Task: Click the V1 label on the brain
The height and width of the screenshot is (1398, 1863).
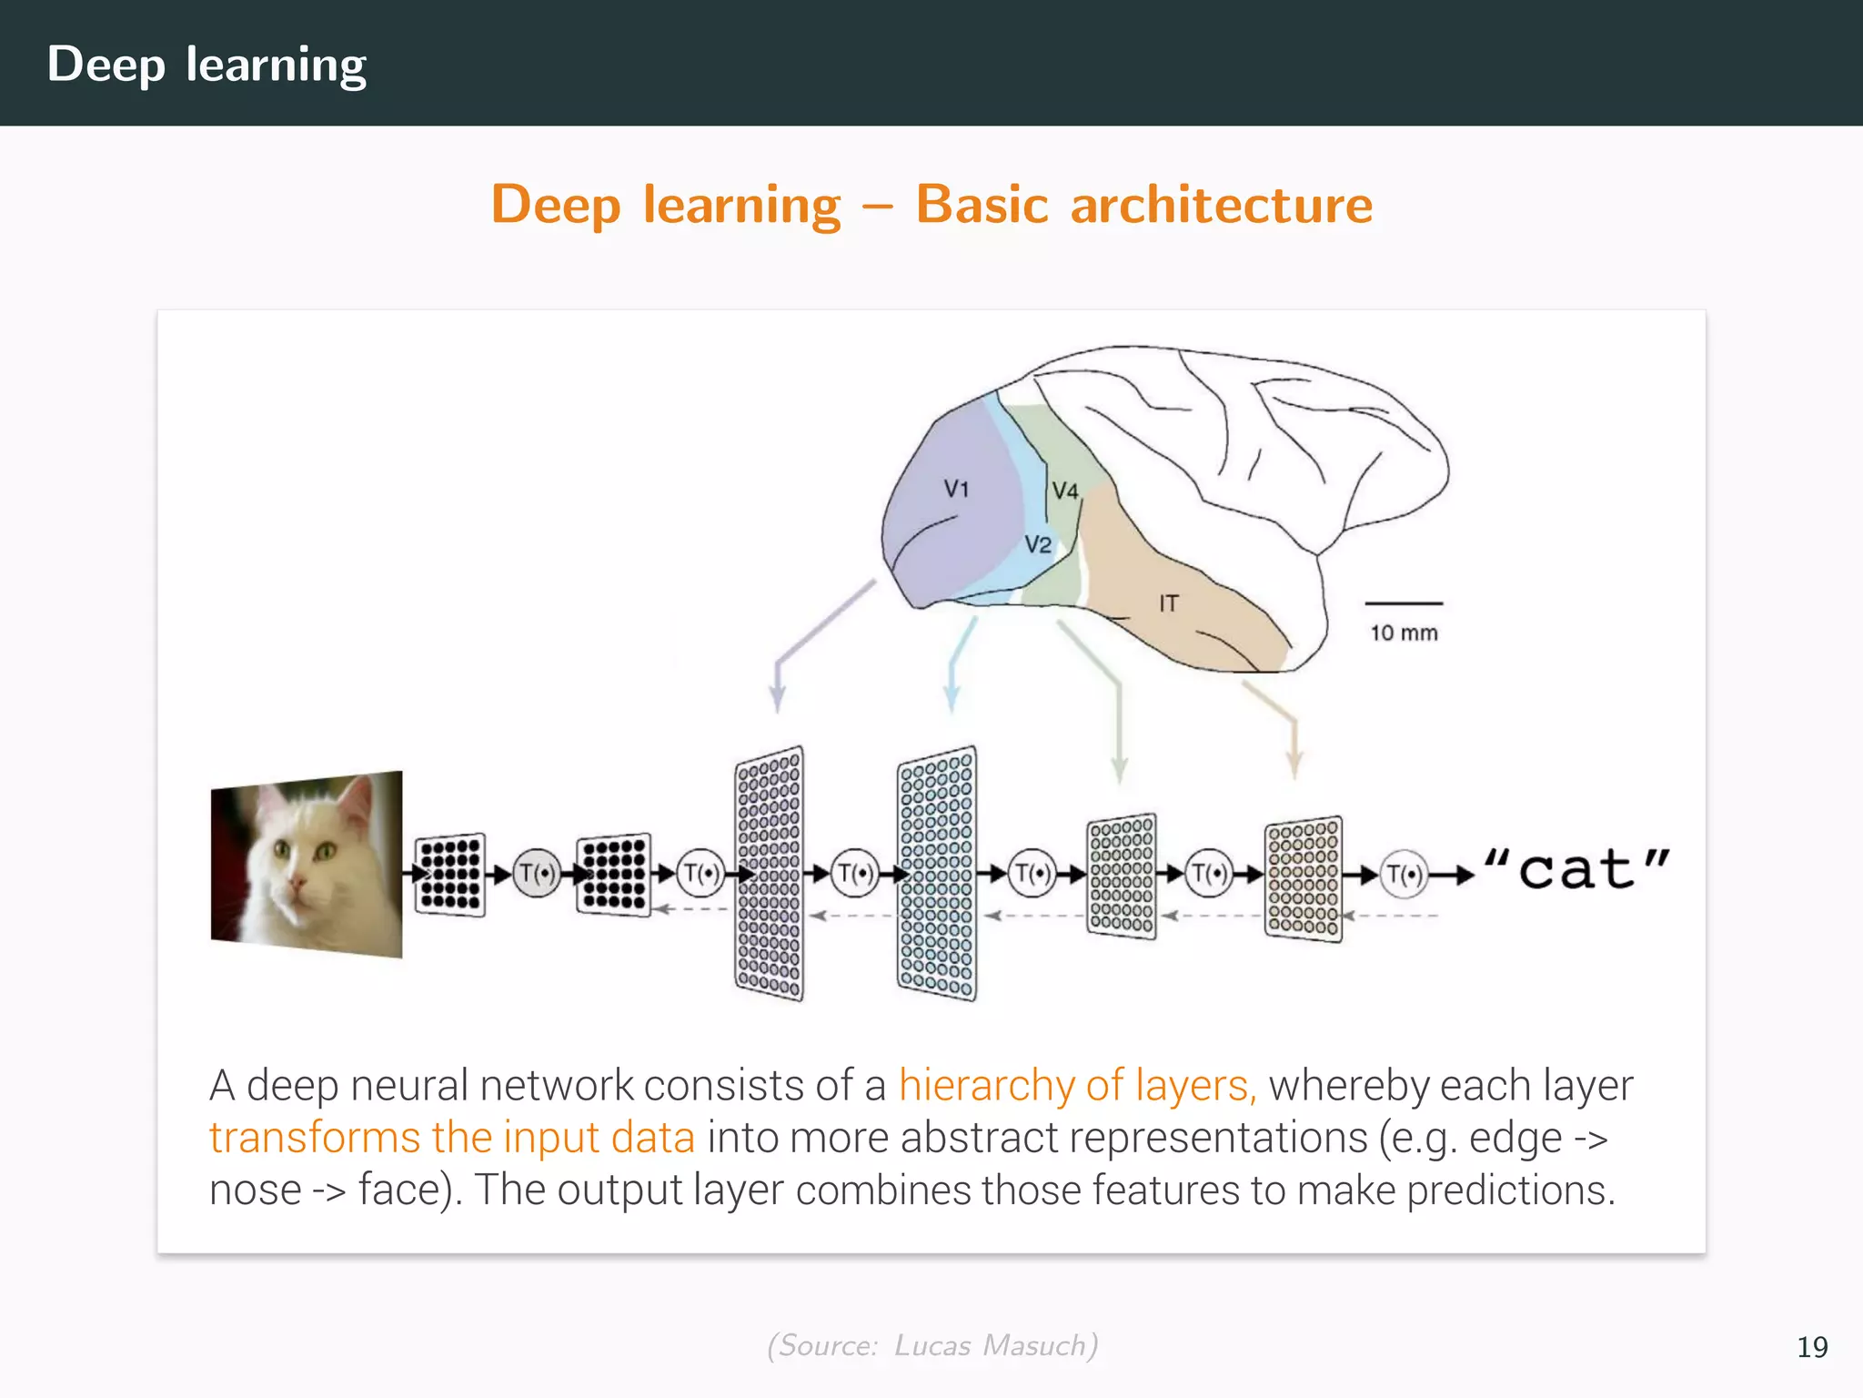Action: (956, 489)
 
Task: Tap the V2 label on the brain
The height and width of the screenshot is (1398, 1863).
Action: (1038, 544)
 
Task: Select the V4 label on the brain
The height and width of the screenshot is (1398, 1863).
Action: (1065, 491)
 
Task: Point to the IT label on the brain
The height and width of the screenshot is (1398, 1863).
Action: (1169, 603)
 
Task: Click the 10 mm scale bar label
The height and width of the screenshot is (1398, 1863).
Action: (1404, 633)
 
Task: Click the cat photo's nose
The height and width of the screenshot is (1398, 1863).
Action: (297, 883)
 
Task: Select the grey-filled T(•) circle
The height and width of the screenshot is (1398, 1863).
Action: (537, 874)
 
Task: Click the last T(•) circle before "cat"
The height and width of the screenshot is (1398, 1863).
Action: (1405, 875)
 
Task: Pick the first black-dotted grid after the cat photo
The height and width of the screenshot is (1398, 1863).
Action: (450, 874)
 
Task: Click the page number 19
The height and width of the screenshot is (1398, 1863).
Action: (1812, 1347)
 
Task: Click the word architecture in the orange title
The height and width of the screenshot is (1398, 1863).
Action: (1221, 204)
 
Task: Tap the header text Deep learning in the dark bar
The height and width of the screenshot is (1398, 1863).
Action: (206, 64)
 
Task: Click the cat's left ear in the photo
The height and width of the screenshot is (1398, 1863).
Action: (269, 801)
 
